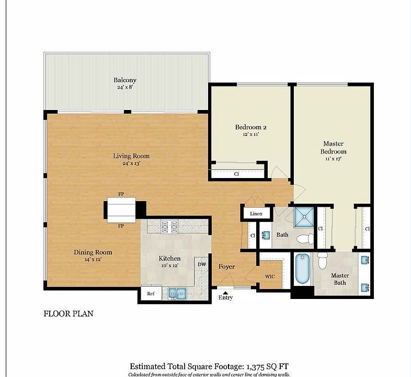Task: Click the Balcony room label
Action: (x=125, y=80)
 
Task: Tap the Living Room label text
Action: (x=131, y=156)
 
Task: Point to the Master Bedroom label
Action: (x=333, y=147)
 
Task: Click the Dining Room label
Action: (x=93, y=252)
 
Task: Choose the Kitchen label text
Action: (x=169, y=259)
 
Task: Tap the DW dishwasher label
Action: (x=202, y=264)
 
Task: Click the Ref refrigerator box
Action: (x=151, y=294)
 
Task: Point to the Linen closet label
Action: (x=256, y=214)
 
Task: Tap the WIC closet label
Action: (x=270, y=276)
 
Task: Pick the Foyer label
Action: (x=226, y=267)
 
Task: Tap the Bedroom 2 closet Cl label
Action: (x=236, y=173)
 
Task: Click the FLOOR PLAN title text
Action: (x=67, y=314)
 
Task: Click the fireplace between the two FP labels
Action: (x=121, y=210)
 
